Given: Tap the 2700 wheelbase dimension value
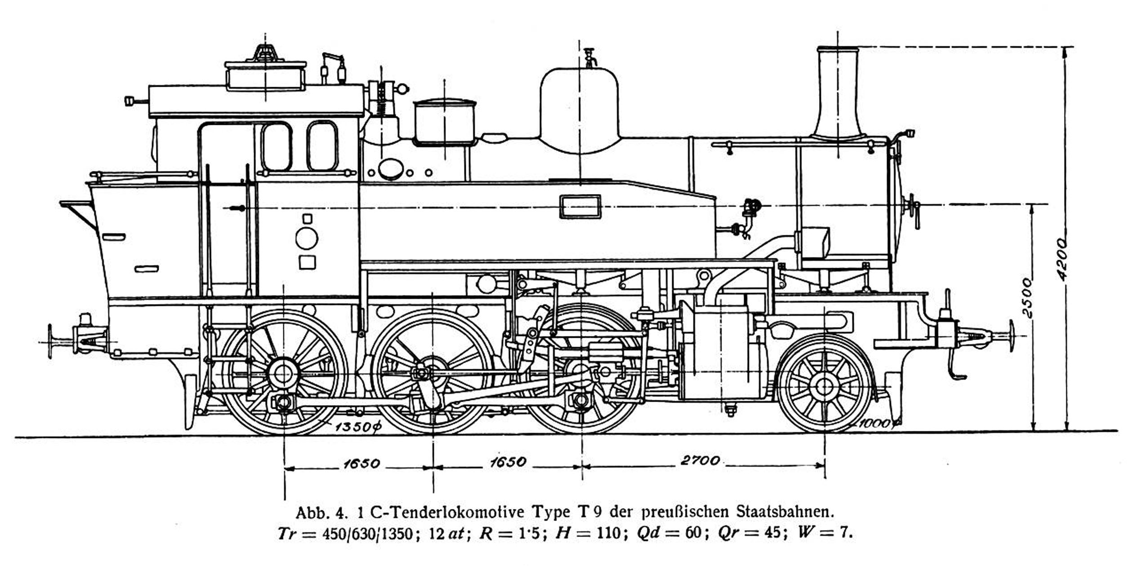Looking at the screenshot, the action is click(700, 460).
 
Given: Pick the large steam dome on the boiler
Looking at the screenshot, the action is click(579, 111).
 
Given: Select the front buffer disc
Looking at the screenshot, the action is click(1012, 336).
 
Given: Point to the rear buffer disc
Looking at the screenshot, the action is click(50, 341).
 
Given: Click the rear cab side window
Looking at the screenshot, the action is click(276, 146).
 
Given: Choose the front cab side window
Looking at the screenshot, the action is click(322, 146).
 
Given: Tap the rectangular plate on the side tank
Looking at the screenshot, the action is click(580, 207).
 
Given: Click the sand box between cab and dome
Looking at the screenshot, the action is click(444, 122).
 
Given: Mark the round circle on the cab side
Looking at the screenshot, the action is click(307, 238).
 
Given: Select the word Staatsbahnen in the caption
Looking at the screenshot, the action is click(785, 512).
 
